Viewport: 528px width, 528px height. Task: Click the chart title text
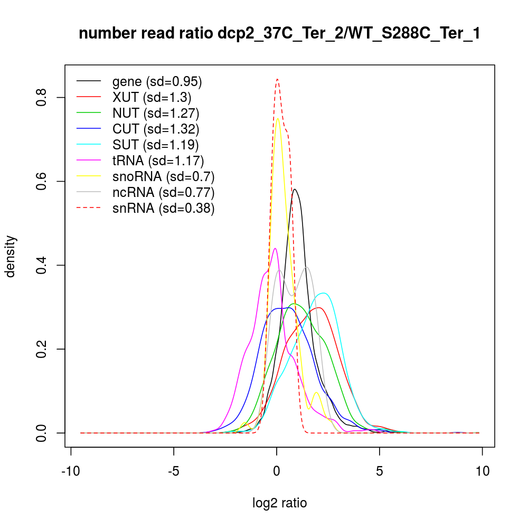(279, 34)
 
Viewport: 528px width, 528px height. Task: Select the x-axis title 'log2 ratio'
(280, 503)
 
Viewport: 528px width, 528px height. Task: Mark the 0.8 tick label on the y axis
(42, 98)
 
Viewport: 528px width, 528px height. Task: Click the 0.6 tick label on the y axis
(42, 182)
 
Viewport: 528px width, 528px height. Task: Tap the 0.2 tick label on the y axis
(42, 349)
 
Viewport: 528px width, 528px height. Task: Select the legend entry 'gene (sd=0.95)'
(157, 81)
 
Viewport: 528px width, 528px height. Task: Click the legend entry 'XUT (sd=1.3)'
(152, 97)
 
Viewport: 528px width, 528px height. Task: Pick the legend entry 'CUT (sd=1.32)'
(156, 129)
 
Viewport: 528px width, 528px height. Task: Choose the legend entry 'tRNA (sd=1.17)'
(158, 161)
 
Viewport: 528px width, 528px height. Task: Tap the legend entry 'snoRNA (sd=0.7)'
(163, 176)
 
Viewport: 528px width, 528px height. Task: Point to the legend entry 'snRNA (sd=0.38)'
(163, 208)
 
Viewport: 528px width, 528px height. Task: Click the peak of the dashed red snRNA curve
(277, 79)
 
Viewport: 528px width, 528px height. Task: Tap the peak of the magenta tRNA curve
(275, 248)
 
